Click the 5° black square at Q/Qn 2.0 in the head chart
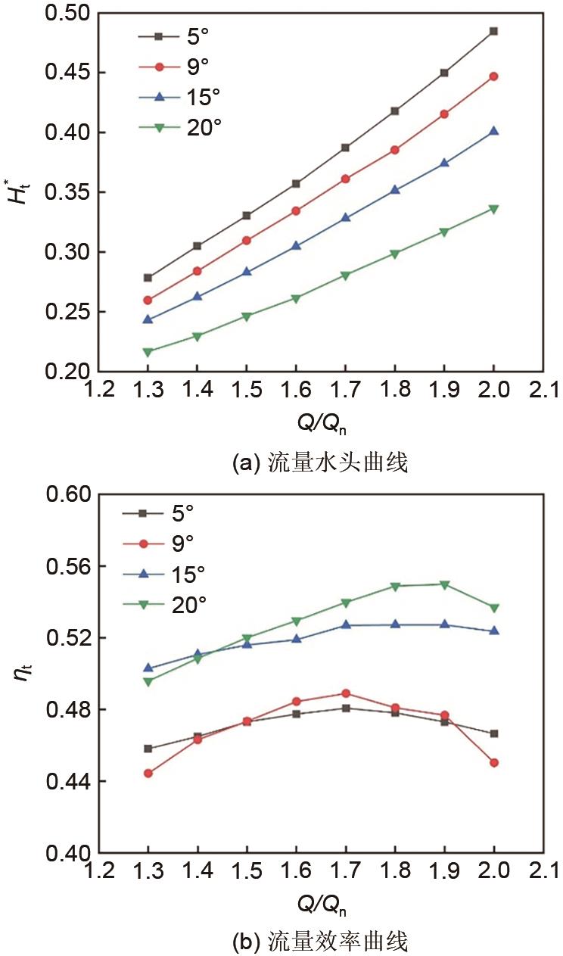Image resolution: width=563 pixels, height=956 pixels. (493, 31)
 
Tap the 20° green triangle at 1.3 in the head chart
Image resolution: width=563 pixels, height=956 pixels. (148, 352)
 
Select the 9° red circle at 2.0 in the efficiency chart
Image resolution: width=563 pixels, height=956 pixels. (493, 763)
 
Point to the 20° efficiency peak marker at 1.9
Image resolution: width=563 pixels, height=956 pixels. (444, 584)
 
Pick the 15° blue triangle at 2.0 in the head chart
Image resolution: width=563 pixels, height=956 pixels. (493, 131)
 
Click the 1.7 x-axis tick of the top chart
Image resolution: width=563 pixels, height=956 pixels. (346, 391)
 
